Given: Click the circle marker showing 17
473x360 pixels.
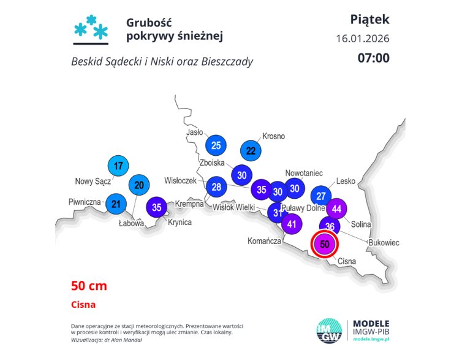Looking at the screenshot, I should [119, 166].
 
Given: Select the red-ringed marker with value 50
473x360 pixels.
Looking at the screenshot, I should [325, 244].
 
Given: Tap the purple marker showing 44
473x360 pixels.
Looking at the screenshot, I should [336, 209].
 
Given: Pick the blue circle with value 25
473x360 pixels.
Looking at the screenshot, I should [216, 145].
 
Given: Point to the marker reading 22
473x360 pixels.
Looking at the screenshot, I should [251, 150].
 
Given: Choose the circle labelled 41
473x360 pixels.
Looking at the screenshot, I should [292, 224].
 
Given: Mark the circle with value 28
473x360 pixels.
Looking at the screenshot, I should [216, 187].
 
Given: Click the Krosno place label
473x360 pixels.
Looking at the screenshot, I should [273, 136].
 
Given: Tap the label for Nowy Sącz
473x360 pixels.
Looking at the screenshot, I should [93, 181].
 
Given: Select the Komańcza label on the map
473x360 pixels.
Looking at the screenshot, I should [264, 242].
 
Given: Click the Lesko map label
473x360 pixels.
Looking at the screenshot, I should [346, 182].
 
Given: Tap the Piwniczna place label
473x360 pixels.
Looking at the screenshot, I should [84, 202].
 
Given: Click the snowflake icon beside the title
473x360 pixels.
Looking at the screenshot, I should [91, 29].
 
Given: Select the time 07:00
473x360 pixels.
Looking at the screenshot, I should [373, 58].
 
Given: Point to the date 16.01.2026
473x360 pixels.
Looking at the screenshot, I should [362, 39].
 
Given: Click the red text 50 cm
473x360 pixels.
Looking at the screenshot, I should [89, 285].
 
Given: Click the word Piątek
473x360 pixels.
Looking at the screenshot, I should [369, 19].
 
